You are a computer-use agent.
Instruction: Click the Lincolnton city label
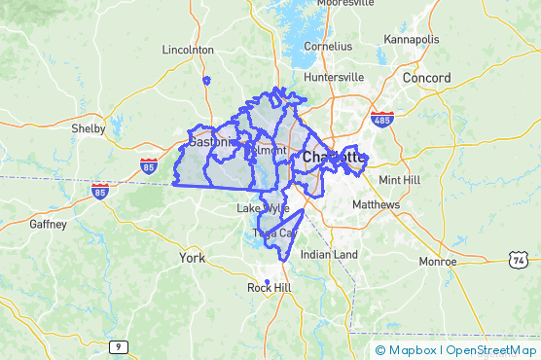pos(188,49)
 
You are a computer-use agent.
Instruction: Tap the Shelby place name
pos(89,128)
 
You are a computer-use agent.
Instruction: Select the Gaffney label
pos(49,224)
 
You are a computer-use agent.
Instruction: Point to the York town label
pos(192,258)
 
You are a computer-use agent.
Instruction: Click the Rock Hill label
pos(269,288)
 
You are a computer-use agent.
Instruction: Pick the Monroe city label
pos(437,262)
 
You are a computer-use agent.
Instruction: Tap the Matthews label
pos(376,205)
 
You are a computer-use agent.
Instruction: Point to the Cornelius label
pos(327,46)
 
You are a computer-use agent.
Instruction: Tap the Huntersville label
pos(334,77)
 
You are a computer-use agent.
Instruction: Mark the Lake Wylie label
pos(263,208)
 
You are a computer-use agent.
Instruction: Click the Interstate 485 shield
pos(381,119)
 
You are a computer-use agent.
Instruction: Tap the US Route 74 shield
pos(519,260)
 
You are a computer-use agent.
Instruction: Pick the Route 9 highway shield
pos(118,346)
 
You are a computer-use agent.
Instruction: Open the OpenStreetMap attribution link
pos(491,349)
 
